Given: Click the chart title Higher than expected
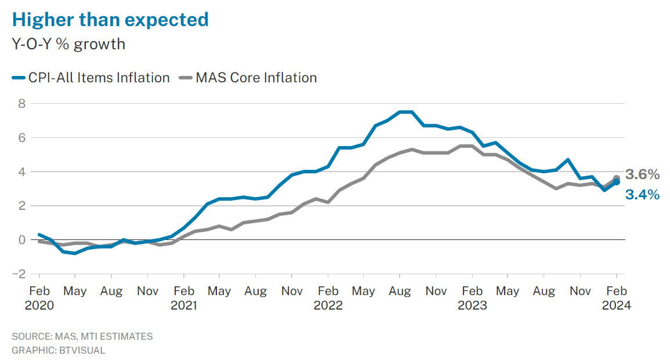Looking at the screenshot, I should pos(110,19).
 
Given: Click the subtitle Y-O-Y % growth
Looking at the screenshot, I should pos(68,43).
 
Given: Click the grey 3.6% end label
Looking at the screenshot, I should pos(642,174).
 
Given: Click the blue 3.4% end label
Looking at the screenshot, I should pos(642,195).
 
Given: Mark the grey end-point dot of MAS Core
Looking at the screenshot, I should pos(617,179).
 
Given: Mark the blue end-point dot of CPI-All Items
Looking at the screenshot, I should pos(617,182).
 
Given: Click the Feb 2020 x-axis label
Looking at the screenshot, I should pos(39,298).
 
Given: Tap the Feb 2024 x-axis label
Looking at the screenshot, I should pos(616,298).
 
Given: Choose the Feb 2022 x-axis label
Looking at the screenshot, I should pos(328,298).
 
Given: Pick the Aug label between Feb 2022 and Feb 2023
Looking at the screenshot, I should pos(400,291).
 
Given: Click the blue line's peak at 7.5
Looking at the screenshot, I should pos(405,112).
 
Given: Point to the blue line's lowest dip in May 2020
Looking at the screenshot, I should pos(75,253).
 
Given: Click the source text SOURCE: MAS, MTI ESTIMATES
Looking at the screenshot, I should pos(82,336).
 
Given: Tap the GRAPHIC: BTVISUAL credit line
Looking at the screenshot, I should pos(58,350).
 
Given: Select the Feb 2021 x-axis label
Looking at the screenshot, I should pos(184,298).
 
